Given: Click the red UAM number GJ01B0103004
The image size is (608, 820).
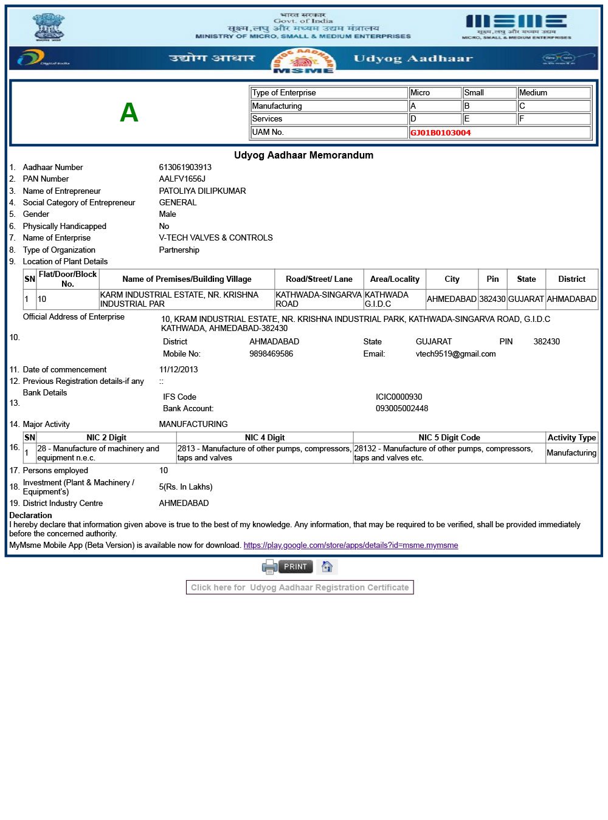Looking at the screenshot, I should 440,132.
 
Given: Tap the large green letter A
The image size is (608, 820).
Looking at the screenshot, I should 129,112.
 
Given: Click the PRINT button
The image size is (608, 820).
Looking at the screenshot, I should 295,567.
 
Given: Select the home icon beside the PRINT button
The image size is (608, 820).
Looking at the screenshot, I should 327,567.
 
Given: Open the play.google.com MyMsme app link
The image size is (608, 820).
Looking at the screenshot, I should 351,545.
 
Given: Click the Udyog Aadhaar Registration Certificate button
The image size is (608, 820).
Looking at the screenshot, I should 300,587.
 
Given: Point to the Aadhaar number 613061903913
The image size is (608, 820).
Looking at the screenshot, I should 185,167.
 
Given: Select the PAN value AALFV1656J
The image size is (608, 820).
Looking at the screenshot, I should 182,179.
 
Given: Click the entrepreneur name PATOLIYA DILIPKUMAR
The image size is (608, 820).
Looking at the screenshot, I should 202,191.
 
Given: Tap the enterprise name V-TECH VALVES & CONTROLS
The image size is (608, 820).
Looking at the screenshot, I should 216,237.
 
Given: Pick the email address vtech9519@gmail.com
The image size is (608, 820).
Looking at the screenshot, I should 455,354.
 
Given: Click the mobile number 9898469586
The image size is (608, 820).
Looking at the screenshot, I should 271,354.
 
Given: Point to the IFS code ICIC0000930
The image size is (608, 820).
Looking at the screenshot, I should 399,397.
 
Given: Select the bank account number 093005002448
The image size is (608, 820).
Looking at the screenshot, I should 402,408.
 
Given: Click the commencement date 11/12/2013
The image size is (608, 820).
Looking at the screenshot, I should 179,369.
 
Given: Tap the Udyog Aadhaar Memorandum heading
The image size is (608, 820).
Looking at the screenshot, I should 303,155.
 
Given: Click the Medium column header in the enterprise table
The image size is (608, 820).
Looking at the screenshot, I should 533,93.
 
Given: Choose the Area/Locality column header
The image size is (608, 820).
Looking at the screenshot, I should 395,279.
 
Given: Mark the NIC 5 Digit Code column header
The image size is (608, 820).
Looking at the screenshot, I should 449,437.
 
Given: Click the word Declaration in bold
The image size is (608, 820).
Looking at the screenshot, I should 31,515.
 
